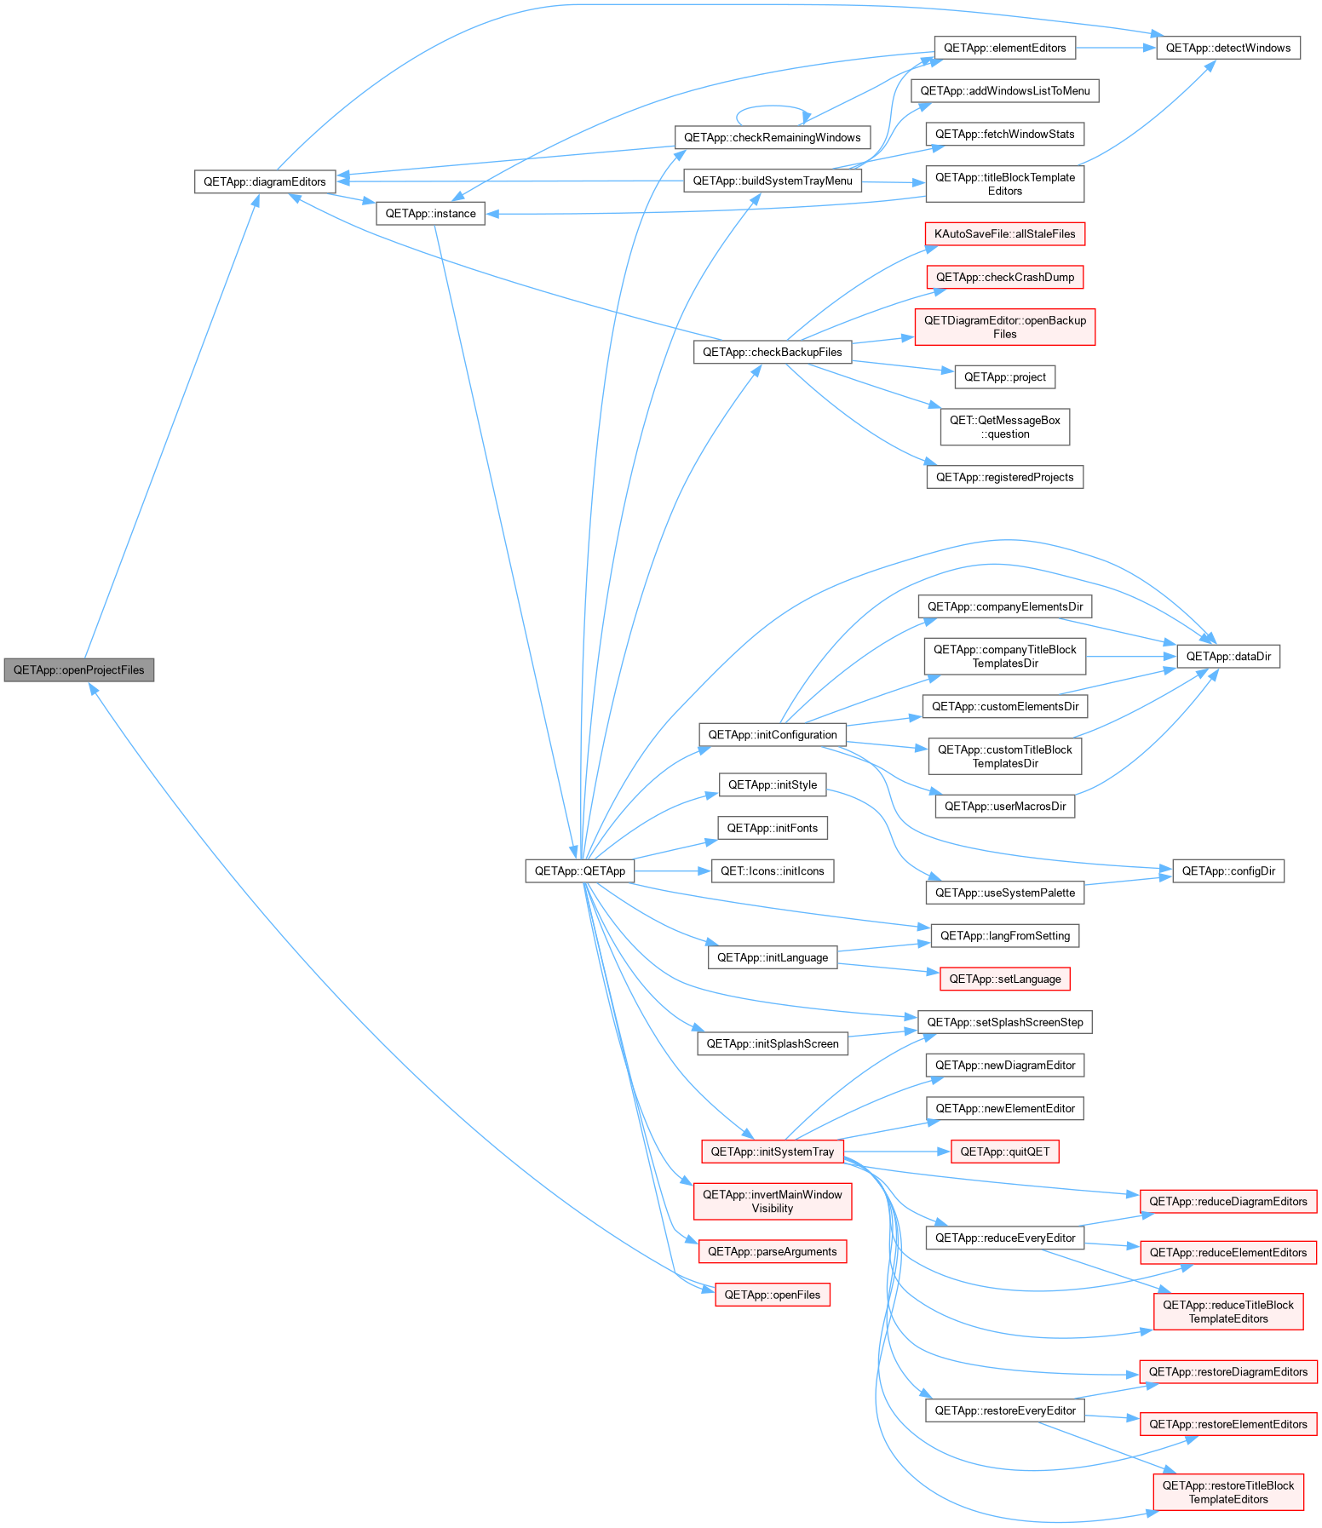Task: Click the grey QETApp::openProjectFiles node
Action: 79,669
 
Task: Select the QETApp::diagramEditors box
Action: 265,181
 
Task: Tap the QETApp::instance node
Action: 431,213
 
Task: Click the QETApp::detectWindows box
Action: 1228,48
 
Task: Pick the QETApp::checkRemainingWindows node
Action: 773,137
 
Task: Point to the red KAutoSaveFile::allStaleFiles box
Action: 1005,233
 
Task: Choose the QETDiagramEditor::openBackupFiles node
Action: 1005,327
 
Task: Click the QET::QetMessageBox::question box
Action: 1005,427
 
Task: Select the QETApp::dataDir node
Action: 1228,656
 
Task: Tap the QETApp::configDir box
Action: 1228,870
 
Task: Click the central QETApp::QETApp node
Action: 580,870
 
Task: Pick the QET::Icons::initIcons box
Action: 773,870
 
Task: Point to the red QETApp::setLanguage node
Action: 1005,979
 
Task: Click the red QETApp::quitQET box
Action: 1005,1152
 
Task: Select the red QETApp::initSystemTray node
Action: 773,1152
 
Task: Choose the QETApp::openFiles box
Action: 773,1295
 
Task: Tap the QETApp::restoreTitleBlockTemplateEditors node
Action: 1228,1492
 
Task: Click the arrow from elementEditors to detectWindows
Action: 1116,48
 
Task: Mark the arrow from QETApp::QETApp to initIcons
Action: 673,870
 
